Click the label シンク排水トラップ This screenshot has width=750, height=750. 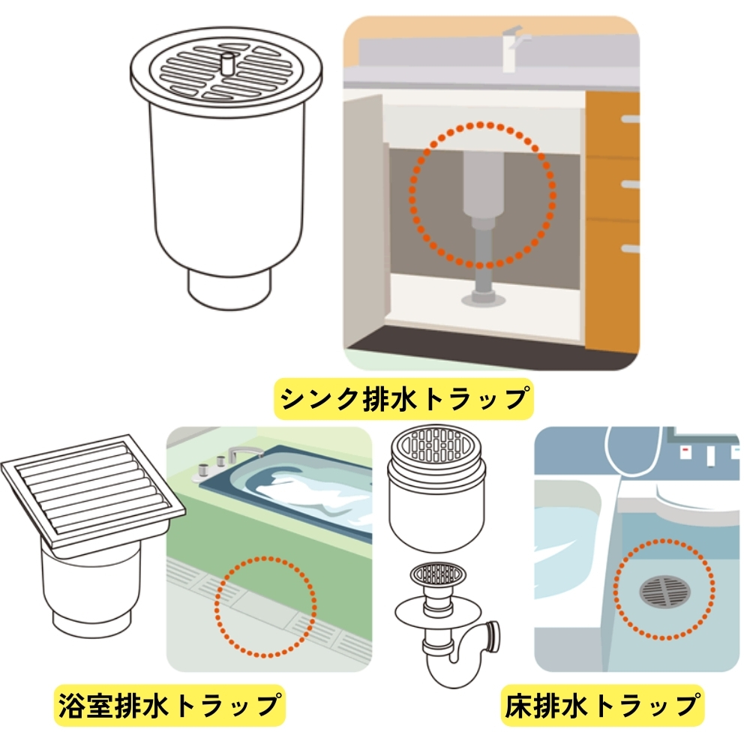click(403, 398)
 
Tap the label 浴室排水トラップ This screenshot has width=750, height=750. click(169, 705)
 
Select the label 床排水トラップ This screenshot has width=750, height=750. click(603, 705)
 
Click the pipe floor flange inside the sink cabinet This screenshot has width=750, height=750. click(481, 299)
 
